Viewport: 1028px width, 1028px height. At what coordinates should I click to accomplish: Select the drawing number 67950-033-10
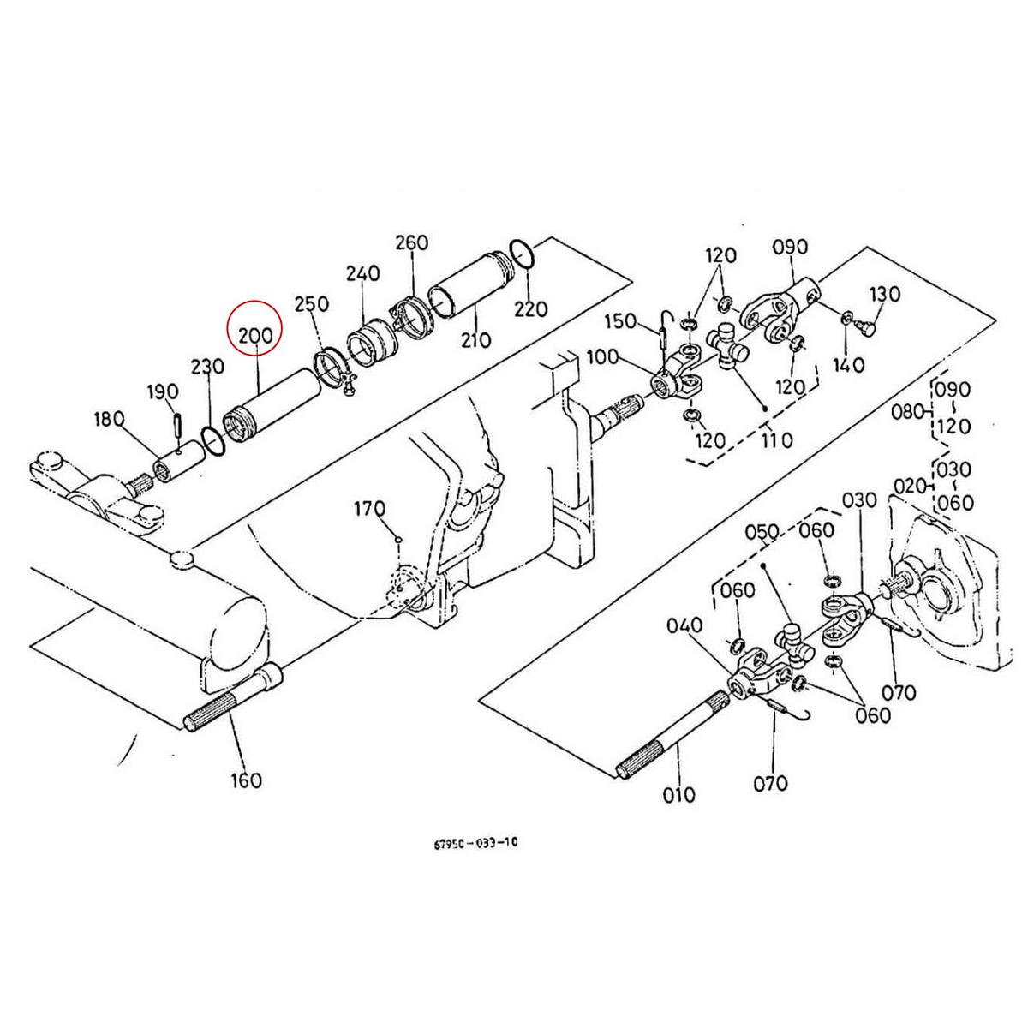(475, 842)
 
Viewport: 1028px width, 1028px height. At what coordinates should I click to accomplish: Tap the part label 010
(678, 795)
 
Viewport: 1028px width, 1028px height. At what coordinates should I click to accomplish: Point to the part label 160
(246, 780)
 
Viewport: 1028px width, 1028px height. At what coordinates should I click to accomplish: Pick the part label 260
(411, 243)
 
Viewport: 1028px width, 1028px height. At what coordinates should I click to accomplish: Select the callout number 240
(362, 274)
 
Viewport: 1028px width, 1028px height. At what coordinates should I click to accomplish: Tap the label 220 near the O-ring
(530, 308)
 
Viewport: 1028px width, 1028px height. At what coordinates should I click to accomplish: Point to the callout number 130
(885, 294)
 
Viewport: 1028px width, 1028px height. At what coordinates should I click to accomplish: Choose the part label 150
(619, 321)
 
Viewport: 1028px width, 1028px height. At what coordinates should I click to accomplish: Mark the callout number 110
(776, 440)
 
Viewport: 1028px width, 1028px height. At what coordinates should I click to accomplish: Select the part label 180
(110, 419)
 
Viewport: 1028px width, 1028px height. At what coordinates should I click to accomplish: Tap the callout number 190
(163, 392)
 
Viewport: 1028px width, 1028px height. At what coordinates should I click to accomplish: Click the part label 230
(207, 367)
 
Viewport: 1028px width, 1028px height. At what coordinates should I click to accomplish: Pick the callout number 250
(311, 304)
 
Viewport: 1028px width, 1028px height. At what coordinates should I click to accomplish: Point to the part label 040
(684, 626)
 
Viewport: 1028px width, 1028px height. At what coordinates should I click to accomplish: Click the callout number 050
(762, 533)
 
